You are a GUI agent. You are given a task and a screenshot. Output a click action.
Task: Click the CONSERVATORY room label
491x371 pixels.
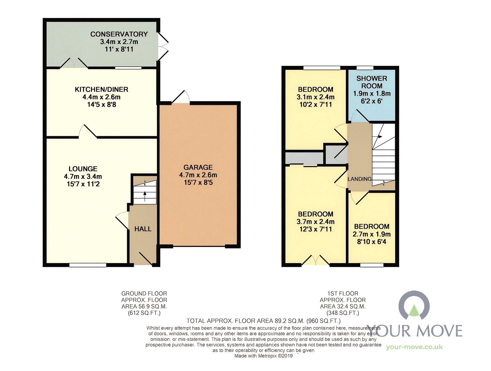coord(119,34)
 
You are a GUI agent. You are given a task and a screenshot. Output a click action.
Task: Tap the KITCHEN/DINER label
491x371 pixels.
coord(101,89)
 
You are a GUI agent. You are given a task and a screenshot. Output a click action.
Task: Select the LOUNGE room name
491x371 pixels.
coord(83,169)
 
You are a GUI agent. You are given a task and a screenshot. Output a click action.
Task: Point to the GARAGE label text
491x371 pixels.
coord(198,168)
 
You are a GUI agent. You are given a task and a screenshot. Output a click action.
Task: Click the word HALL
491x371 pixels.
coord(143,229)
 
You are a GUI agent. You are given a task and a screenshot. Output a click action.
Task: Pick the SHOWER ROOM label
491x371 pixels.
coord(372,82)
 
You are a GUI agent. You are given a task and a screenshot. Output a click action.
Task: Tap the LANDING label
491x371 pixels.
coord(359,179)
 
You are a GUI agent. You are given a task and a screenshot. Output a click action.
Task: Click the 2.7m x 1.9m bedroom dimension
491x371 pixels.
coord(372,234)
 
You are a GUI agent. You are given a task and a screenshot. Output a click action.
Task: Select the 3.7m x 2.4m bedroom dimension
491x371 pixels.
coord(316,222)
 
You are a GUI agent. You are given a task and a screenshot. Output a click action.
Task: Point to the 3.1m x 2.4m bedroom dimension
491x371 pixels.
coord(316,97)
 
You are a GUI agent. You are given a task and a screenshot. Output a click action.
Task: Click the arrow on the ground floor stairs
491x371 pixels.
coord(145,195)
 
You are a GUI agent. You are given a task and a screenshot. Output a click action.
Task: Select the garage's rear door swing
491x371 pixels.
coord(181,97)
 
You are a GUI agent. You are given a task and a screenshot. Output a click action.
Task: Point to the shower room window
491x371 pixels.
coord(365,68)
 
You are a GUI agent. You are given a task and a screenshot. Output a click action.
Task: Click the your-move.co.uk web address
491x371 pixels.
coord(414,347)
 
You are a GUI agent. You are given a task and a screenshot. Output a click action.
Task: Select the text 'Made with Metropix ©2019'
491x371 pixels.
coord(264,356)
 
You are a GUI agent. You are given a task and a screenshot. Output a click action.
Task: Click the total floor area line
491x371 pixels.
coord(264,321)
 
